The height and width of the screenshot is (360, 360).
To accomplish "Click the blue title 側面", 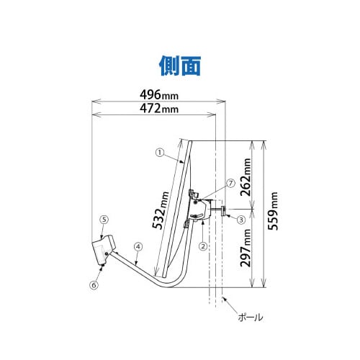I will click(179, 65).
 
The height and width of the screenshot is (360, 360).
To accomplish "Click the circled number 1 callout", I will click(160, 153).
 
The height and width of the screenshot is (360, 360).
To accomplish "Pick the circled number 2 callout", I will click(204, 245).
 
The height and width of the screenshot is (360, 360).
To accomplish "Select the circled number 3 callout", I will click(241, 218).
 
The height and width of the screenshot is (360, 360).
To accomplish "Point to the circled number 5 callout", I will click(104, 219).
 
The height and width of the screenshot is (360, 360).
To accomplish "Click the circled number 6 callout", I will click(94, 285).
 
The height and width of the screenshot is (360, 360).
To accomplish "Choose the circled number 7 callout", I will click(230, 184).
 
